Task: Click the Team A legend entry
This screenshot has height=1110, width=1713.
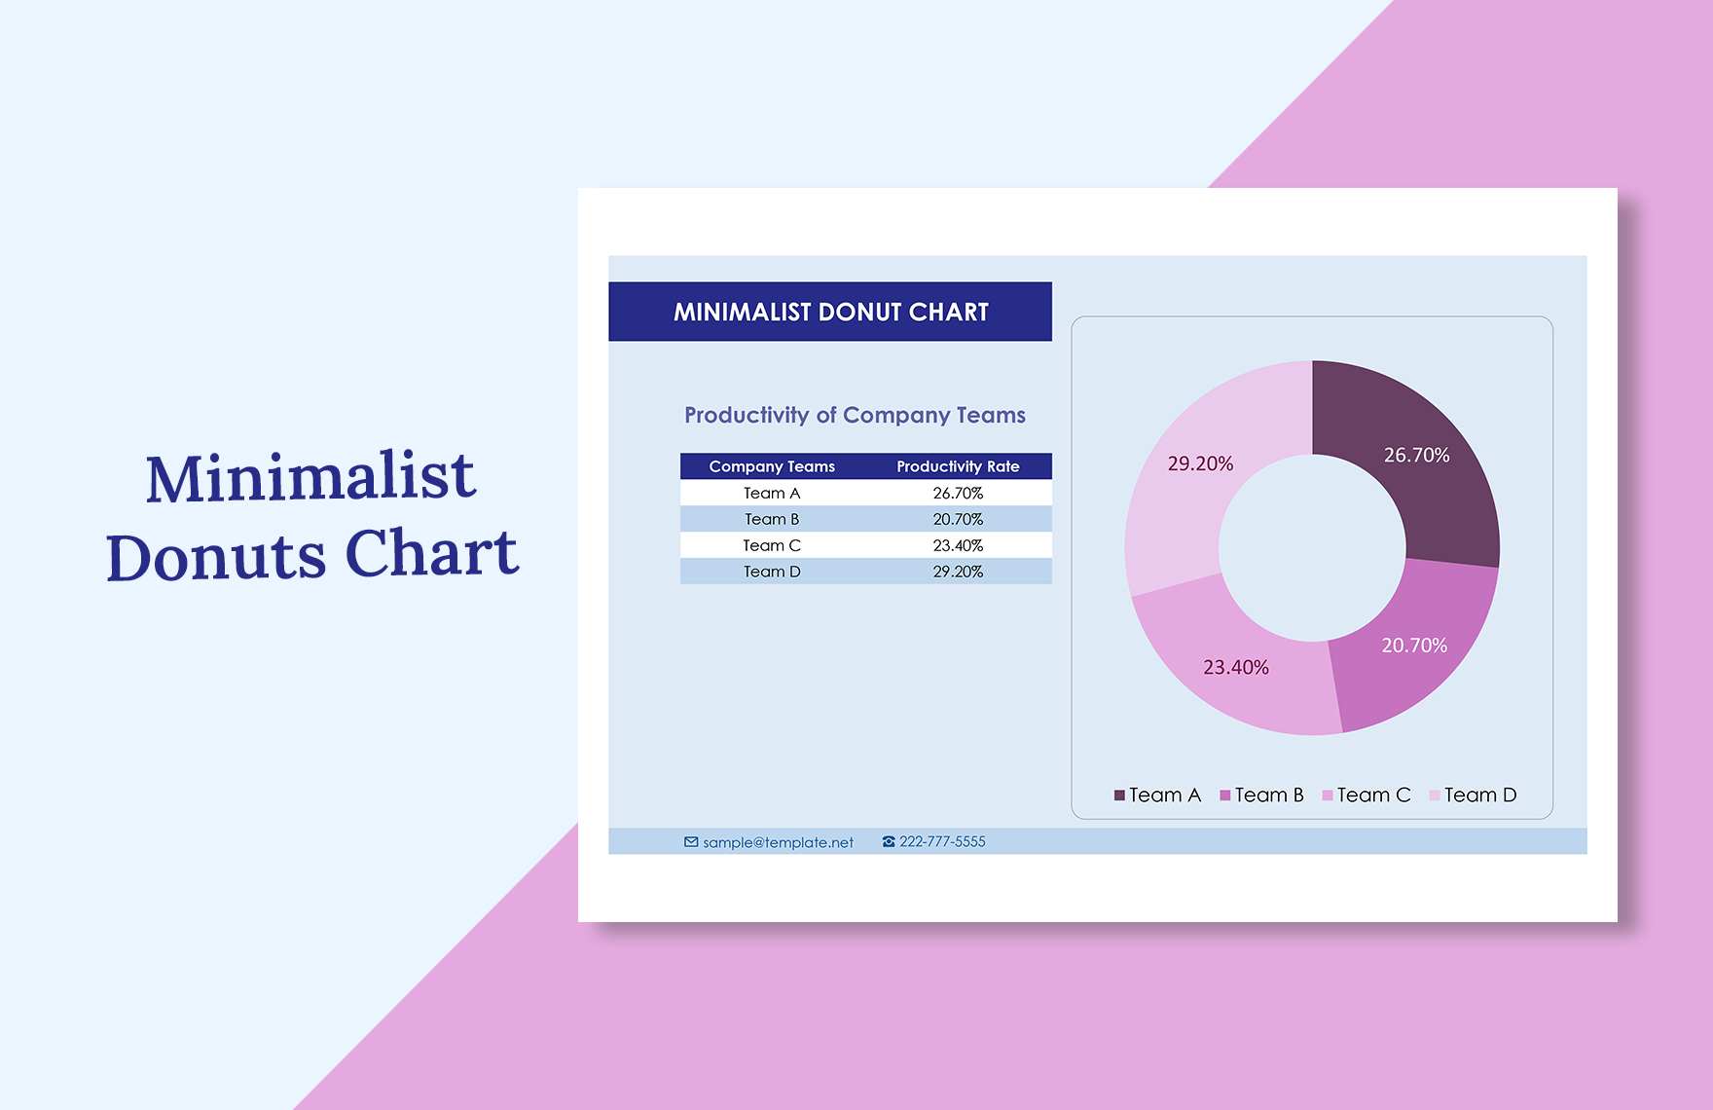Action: (x=1157, y=795)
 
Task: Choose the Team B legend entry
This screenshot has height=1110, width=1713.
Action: (x=1261, y=795)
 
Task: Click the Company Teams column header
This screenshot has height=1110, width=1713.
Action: (x=772, y=466)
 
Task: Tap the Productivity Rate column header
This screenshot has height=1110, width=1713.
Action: (x=958, y=466)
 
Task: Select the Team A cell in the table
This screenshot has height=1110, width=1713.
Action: (x=772, y=493)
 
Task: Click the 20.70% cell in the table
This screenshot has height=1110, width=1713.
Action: (x=958, y=519)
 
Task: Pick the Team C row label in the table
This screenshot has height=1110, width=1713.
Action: (x=772, y=545)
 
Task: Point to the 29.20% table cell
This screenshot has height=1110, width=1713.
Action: (x=958, y=572)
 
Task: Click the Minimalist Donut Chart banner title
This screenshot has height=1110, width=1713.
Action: (x=830, y=312)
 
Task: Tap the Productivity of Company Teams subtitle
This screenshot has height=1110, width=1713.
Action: (x=855, y=415)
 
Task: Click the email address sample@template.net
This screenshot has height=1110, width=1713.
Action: (x=778, y=842)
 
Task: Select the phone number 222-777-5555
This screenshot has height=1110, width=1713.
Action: (x=942, y=841)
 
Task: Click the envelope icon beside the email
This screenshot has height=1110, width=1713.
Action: (x=691, y=842)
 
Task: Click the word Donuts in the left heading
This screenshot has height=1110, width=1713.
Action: (x=216, y=557)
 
